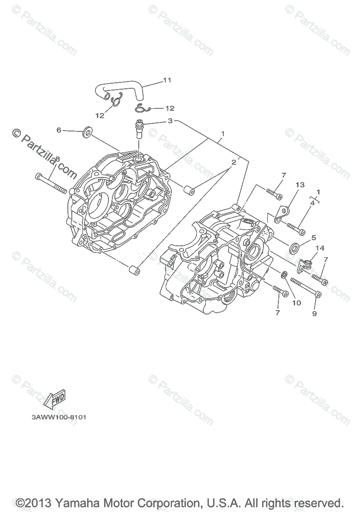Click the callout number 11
tap(155, 80)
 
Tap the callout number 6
tap(59, 130)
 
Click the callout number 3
tap(170, 121)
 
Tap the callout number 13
tap(300, 185)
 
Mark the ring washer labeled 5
tap(294, 247)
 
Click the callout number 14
tap(320, 248)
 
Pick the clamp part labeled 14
tap(306, 267)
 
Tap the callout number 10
tap(296, 303)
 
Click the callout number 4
tap(313, 203)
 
